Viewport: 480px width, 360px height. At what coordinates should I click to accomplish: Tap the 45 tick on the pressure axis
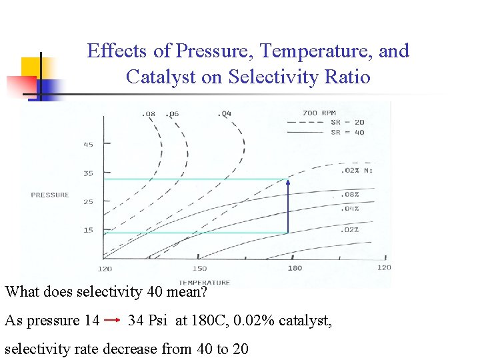click(x=88, y=144)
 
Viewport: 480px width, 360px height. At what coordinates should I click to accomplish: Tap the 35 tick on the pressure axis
click(x=88, y=173)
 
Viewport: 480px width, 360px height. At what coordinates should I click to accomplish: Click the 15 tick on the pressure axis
click(x=88, y=230)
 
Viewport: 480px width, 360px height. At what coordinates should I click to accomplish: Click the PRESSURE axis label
click(x=50, y=195)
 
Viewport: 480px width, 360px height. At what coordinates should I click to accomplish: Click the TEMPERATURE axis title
click(x=204, y=282)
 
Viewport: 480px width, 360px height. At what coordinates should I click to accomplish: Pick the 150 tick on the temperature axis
click(x=199, y=268)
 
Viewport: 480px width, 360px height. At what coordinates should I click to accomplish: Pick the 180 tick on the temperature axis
click(x=295, y=268)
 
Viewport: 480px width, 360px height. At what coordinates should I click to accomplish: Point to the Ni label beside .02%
click(x=368, y=170)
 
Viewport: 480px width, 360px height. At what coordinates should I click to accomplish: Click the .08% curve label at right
click(x=350, y=195)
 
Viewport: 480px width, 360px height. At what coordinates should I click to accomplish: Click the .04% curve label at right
click(x=350, y=209)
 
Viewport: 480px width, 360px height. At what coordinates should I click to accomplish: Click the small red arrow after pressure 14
click(x=112, y=321)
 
